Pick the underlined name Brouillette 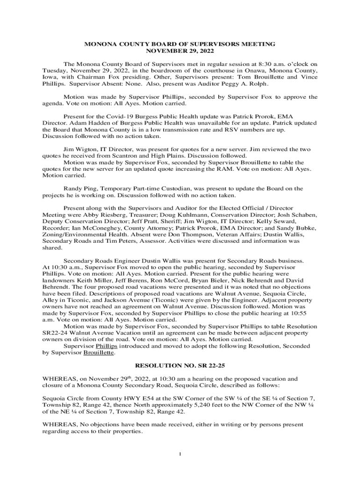click(x=99, y=352)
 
